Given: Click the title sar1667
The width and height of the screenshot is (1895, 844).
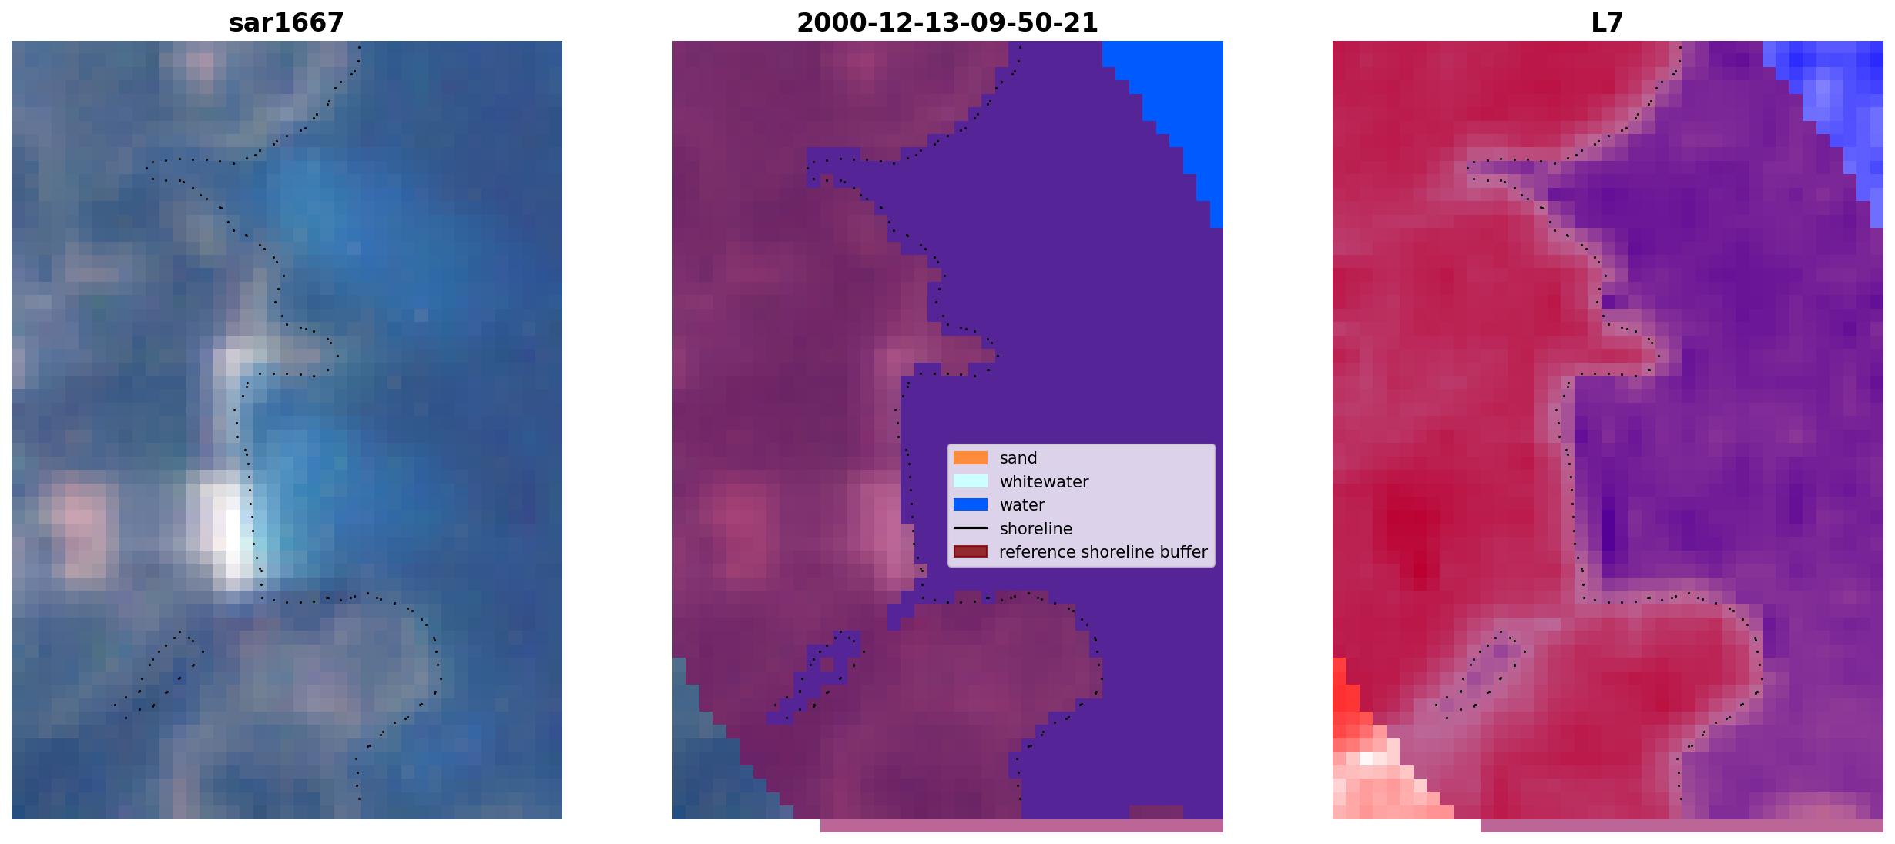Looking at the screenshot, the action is [x=287, y=23].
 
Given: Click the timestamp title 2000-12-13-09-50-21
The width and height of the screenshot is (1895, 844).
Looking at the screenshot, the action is [x=947, y=23].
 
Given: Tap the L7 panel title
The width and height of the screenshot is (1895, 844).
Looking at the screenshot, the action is [x=1607, y=23].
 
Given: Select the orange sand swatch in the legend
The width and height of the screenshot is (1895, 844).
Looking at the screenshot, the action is [x=971, y=458].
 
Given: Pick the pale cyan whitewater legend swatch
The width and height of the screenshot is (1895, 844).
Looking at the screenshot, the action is [x=971, y=481].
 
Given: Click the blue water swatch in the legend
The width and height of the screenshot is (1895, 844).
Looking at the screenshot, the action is [x=971, y=505].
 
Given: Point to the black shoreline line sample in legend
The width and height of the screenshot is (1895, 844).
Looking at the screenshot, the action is [x=971, y=528].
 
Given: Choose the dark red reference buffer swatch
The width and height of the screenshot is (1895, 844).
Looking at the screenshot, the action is [x=971, y=552].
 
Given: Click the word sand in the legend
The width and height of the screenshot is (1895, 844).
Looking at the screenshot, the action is [x=1018, y=458].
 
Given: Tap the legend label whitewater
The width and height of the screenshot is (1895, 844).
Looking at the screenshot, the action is [x=1044, y=482].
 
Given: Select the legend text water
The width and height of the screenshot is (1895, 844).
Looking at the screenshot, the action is [x=1022, y=505].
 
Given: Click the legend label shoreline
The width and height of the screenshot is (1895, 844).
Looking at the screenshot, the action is [x=1036, y=529].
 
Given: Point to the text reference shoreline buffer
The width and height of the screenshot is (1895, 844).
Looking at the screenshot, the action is [x=1103, y=552].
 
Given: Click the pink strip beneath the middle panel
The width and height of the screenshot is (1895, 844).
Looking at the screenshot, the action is [x=1021, y=826].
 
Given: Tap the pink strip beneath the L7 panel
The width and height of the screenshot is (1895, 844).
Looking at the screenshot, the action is [x=1682, y=826].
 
